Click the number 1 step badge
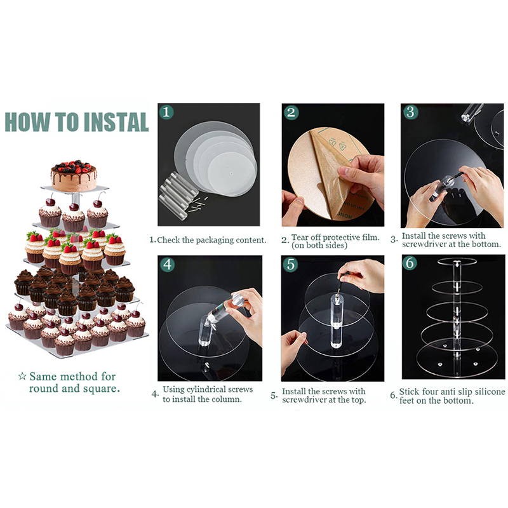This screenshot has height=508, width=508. (x=166, y=112)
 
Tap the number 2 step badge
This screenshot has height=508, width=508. (x=291, y=112)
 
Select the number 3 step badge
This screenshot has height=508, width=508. (x=410, y=112)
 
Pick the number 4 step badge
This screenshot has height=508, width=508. (x=168, y=265)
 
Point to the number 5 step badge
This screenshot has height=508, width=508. (x=291, y=264)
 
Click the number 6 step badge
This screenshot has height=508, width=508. (x=410, y=263)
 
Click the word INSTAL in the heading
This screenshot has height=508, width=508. (x=116, y=122)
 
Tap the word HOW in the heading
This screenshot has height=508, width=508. (x=27, y=122)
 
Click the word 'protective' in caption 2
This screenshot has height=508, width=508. (x=341, y=237)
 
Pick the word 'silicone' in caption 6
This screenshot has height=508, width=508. (x=490, y=392)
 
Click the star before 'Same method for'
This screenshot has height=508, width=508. (x=22, y=376)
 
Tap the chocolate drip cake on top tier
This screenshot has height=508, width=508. (x=74, y=175)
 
